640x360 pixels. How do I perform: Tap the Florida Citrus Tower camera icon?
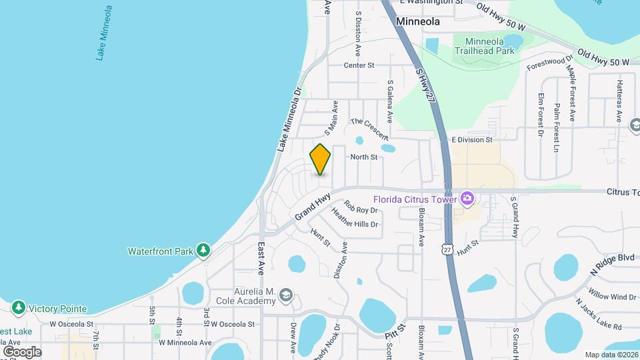tap(467, 198)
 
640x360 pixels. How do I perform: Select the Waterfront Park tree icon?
tap(203, 251)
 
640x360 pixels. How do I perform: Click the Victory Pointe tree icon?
tap(19, 308)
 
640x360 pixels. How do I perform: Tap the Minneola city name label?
tap(417, 21)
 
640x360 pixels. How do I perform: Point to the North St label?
tap(364, 157)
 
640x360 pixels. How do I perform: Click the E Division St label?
tap(471, 140)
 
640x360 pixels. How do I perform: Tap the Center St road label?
tap(359, 65)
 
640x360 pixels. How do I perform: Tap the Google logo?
tap(22, 351)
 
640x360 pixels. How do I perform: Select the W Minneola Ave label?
tap(185, 343)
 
